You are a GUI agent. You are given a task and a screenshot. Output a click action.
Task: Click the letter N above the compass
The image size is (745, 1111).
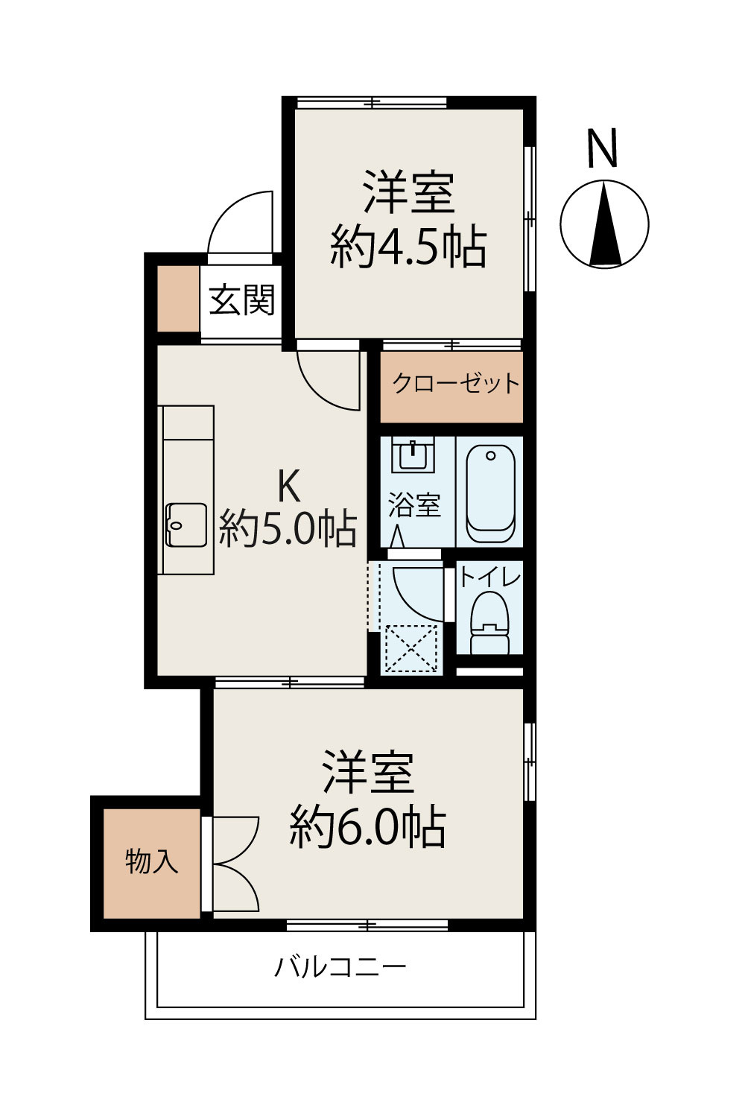point(603,148)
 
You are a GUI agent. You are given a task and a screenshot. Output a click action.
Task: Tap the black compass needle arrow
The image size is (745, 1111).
point(605,224)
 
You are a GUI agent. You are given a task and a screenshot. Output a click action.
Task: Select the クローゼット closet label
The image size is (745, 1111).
point(455,384)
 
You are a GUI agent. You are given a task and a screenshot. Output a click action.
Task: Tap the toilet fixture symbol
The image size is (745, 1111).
point(489,622)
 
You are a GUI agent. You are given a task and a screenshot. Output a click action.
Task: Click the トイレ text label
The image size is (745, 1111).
point(489,577)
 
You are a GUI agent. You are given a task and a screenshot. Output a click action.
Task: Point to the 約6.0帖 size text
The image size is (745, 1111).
point(368,826)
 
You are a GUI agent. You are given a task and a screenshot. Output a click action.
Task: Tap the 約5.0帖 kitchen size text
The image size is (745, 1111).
point(288,530)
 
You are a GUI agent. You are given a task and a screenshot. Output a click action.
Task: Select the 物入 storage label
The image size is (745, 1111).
point(152,861)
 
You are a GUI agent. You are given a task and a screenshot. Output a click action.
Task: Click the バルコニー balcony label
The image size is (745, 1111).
point(340,967)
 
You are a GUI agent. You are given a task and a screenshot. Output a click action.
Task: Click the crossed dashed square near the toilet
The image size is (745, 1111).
point(410,648)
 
